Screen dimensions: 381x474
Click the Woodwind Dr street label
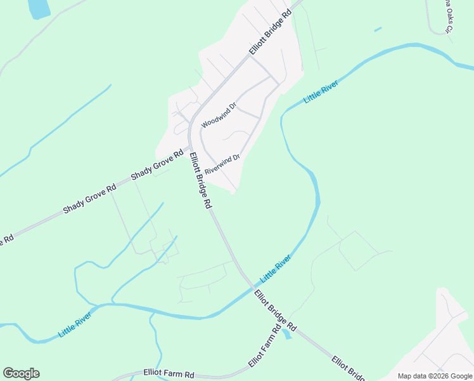coord(219,114)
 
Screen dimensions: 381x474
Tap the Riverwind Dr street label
coord(222,164)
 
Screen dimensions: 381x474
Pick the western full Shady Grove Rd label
coord(90,199)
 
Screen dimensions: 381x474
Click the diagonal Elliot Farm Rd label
coord(264,347)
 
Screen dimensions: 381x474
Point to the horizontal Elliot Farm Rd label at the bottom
coord(169,374)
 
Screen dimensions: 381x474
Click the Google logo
coord(21,373)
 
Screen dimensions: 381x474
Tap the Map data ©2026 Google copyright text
coord(435,376)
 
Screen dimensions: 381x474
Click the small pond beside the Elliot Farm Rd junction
coord(287,333)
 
